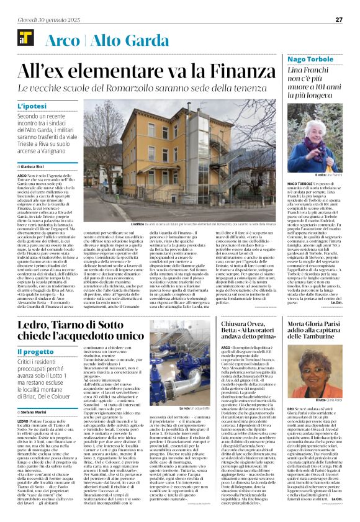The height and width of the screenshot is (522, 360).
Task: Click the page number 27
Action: [339, 19]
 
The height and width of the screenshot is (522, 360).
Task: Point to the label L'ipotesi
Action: [32, 107]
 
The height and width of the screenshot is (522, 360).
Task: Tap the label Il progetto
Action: [35, 352]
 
